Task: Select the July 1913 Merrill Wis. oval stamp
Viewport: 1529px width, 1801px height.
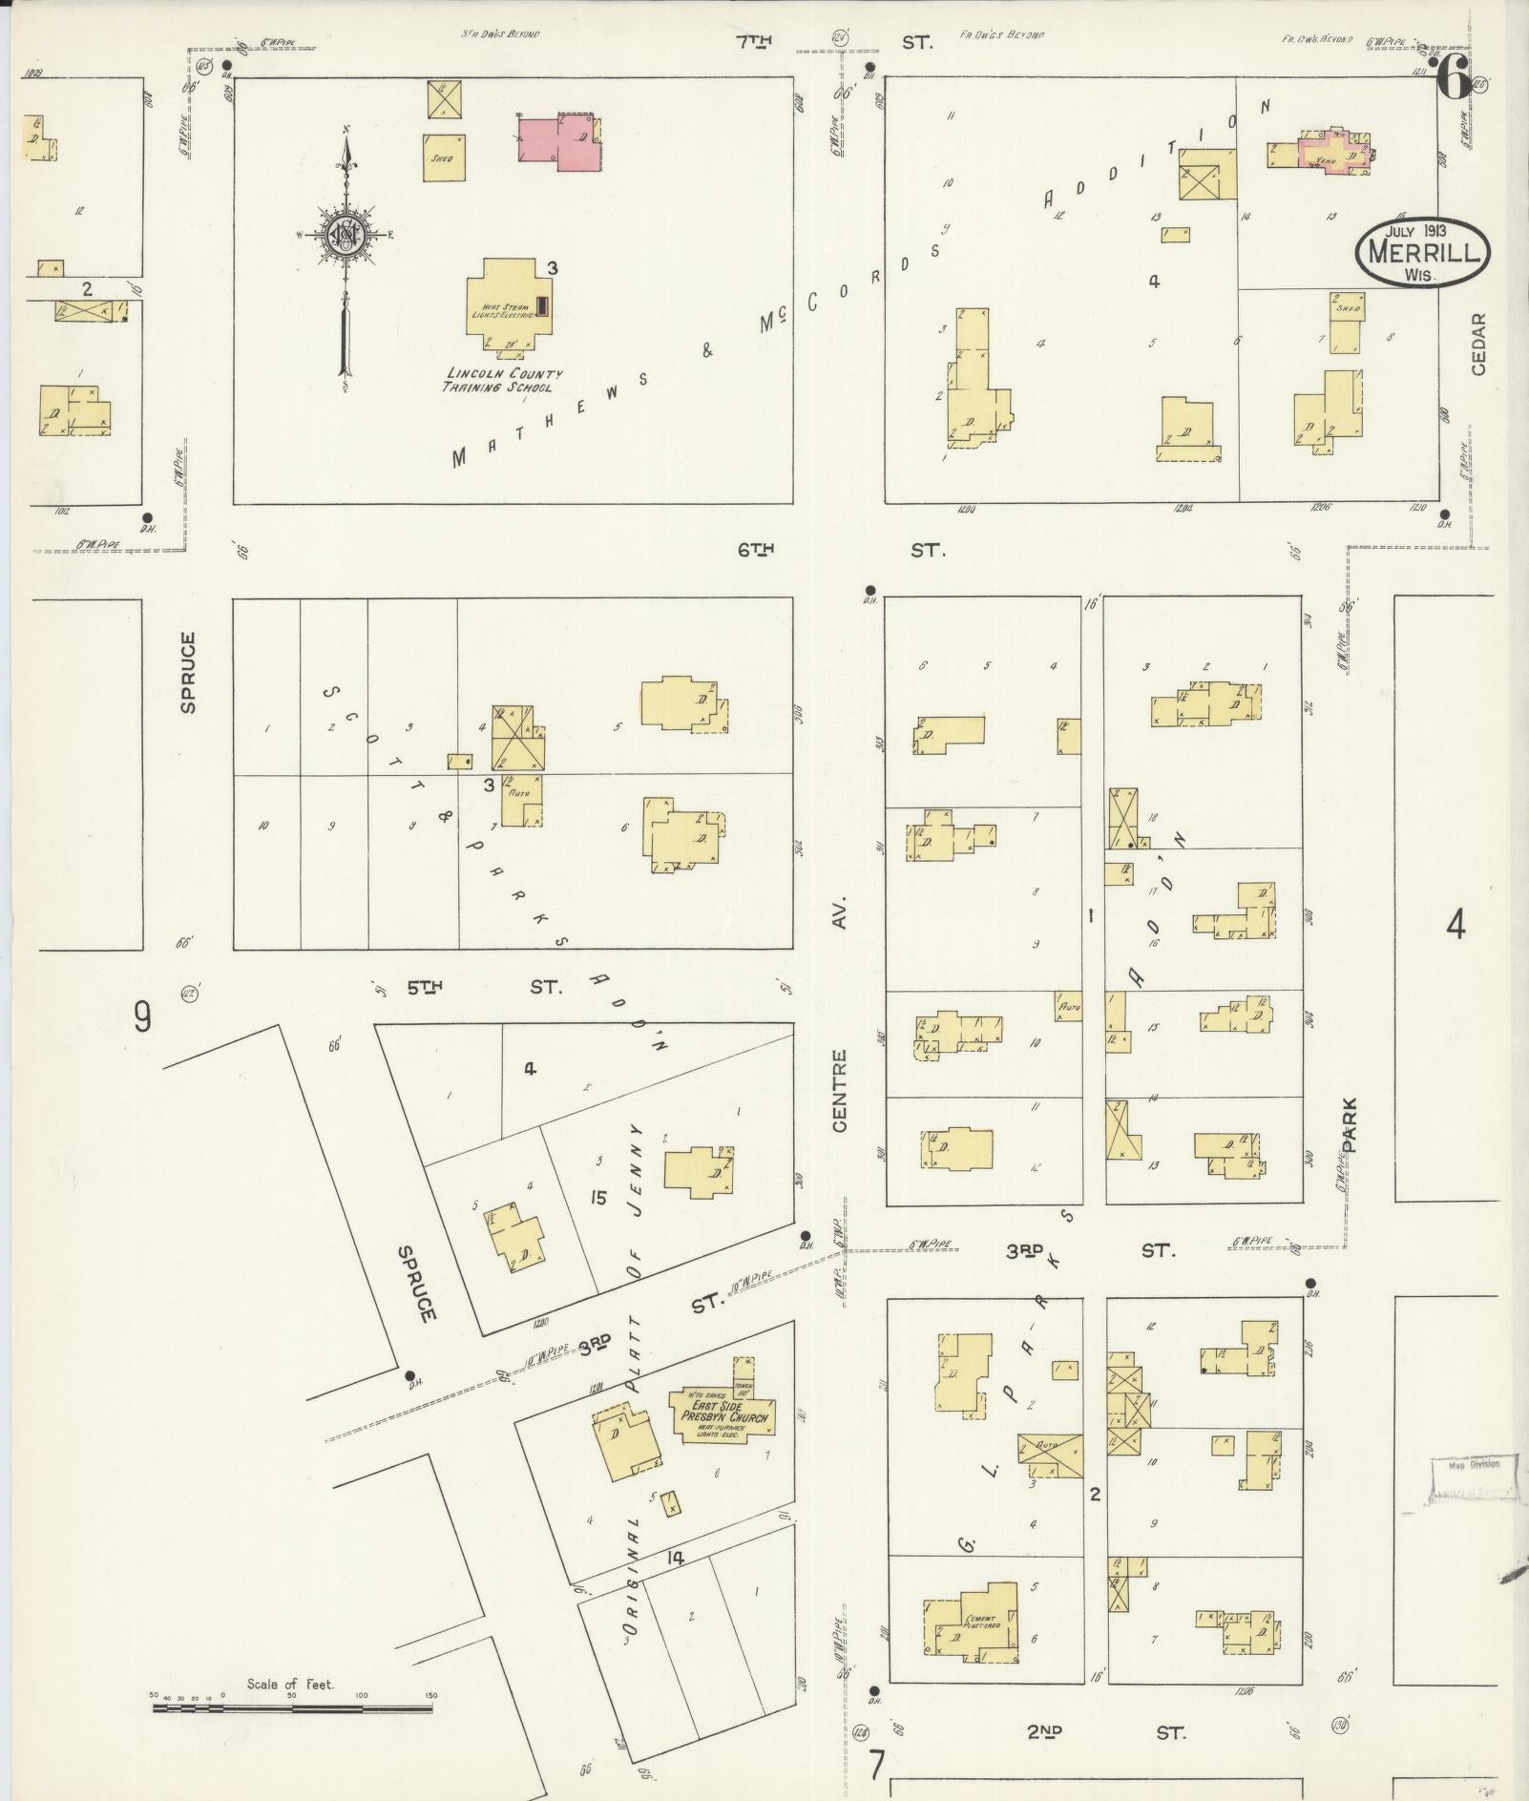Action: (x=1422, y=252)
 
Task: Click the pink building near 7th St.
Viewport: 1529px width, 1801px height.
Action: (x=559, y=143)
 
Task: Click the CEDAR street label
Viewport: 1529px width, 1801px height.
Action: (x=1478, y=344)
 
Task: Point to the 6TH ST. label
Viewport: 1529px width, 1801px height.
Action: (x=839, y=550)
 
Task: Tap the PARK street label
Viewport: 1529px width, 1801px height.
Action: (x=1349, y=1126)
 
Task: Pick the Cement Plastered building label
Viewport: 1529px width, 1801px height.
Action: (x=981, y=1622)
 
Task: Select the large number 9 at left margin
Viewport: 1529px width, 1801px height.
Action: (x=142, y=1018)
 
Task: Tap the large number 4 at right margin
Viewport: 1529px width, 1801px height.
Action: (x=1455, y=925)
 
